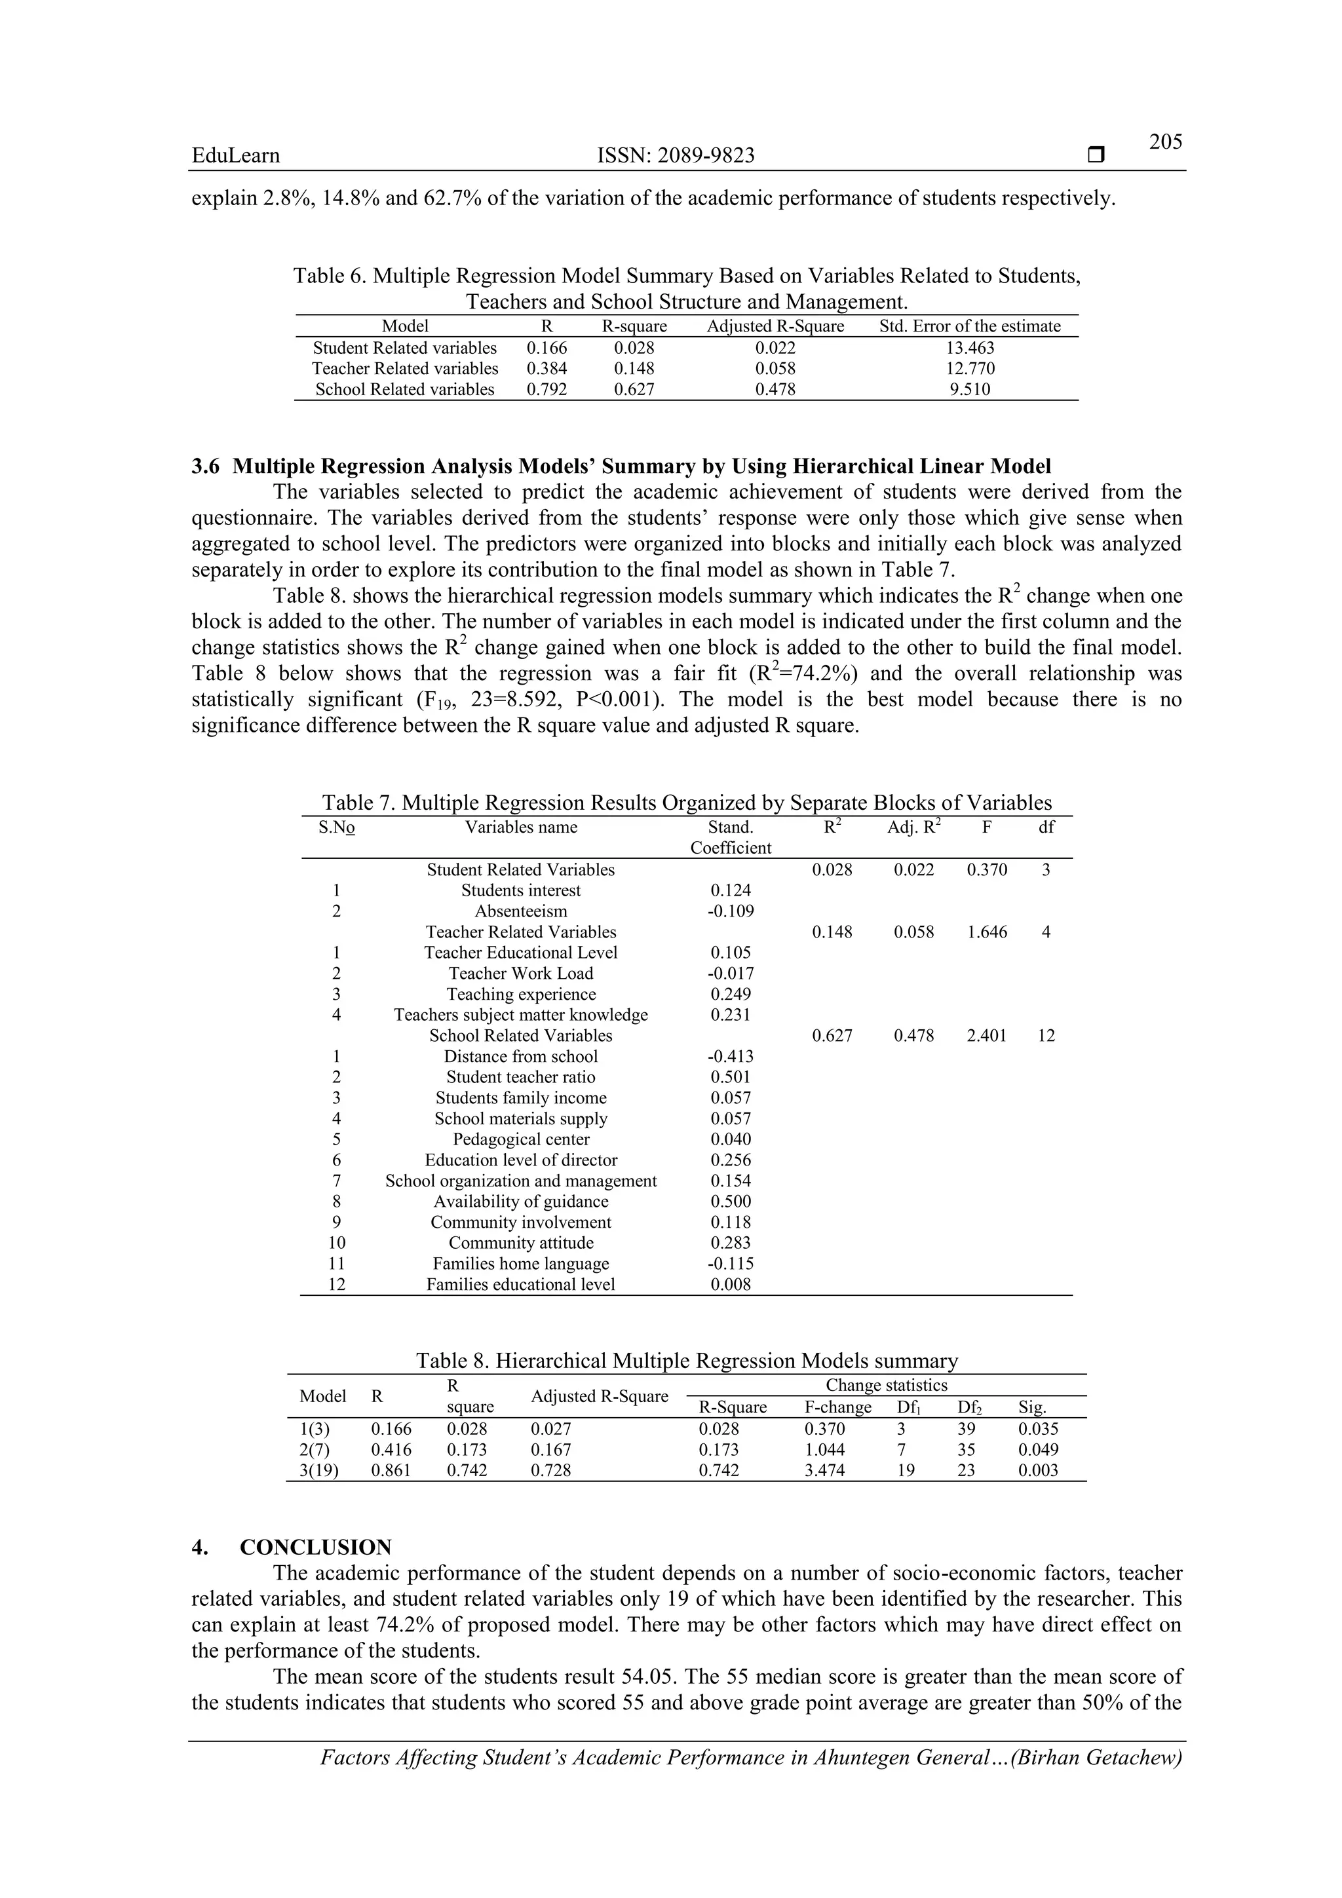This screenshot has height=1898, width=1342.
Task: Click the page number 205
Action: pyautogui.click(x=1165, y=142)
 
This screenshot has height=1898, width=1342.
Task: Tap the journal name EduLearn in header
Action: pyautogui.click(x=236, y=155)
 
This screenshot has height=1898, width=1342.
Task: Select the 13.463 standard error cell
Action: pyautogui.click(x=970, y=348)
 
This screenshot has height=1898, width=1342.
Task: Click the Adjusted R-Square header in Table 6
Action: pyautogui.click(x=775, y=326)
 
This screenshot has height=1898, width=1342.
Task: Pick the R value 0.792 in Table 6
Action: pyautogui.click(x=546, y=389)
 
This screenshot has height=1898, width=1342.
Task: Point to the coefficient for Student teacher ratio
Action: pyautogui.click(x=730, y=1077)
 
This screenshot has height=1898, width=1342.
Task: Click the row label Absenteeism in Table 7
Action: pyautogui.click(x=520, y=912)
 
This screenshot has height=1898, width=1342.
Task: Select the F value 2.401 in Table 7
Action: pyautogui.click(x=986, y=1036)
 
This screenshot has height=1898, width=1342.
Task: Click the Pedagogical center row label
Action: pyautogui.click(x=520, y=1139)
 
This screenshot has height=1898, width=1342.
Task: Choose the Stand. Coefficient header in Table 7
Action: pyautogui.click(x=730, y=837)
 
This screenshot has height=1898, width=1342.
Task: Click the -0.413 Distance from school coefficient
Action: pyautogui.click(x=730, y=1057)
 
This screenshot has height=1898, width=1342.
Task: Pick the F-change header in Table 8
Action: pyautogui.click(x=837, y=1408)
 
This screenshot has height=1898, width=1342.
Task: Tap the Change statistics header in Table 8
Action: pyautogui.click(x=887, y=1386)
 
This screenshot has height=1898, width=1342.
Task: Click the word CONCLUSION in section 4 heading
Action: pyautogui.click(x=316, y=1547)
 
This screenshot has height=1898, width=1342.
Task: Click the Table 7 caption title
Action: pyautogui.click(x=686, y=803)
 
